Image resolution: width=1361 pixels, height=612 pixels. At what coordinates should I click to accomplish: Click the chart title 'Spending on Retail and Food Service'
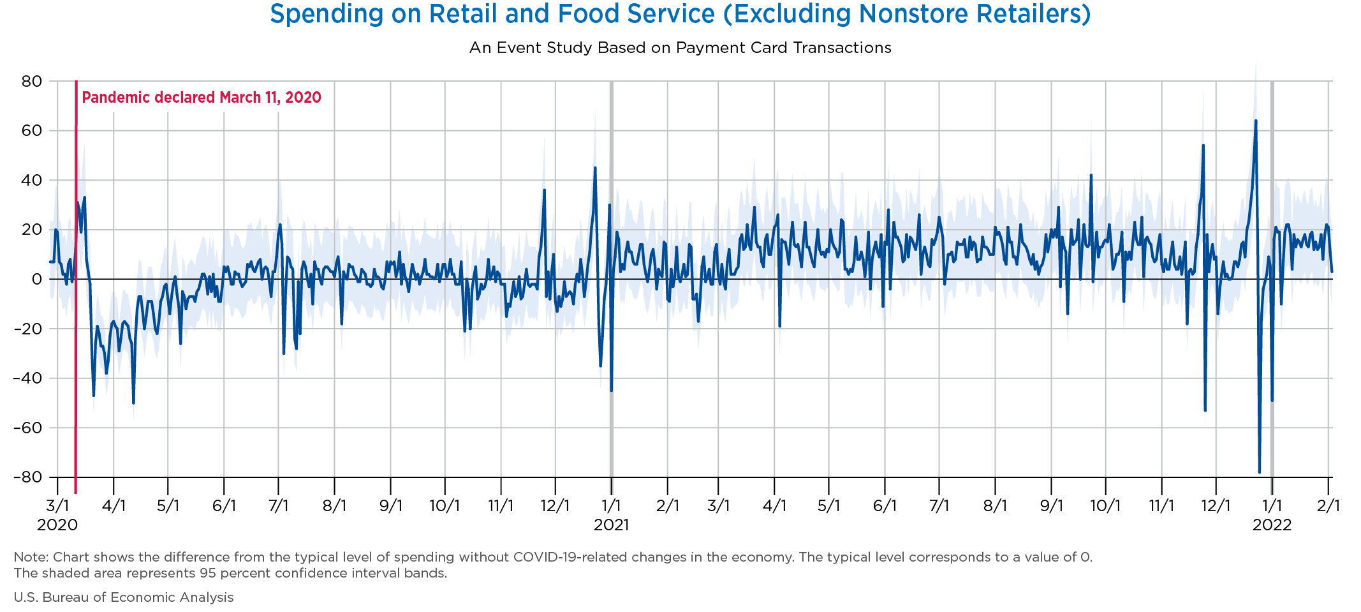[680, 14]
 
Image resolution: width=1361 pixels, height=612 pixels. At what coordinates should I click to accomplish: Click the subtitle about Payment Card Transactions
[680, 48]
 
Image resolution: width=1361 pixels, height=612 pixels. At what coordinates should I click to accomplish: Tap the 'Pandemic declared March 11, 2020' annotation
[202, 98]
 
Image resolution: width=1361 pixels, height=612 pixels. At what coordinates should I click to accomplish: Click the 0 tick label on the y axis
[37, 280]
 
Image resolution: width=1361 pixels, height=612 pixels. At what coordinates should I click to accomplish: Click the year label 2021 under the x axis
[611, 525]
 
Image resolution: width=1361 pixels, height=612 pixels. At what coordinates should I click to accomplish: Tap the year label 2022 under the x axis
[1272, 525]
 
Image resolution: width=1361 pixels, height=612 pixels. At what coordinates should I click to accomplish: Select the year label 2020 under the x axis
[57, 525]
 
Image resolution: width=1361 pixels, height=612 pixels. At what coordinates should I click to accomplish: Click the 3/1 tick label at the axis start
[57, 506]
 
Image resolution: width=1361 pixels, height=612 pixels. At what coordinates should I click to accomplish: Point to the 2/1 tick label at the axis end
[1328, 506]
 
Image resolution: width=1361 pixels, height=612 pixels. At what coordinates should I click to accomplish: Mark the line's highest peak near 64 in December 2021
[1256, 121]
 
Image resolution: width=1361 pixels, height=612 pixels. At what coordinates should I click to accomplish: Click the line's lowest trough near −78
[1259, 472]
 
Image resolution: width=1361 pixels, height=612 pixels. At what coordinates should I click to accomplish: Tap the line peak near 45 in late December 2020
[595, 168]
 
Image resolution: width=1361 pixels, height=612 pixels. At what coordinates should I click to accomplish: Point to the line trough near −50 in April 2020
[133, 403]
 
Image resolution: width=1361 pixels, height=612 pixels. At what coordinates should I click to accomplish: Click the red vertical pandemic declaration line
[76, 287]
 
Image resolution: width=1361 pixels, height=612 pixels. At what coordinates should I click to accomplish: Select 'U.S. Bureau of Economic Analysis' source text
[124, 597]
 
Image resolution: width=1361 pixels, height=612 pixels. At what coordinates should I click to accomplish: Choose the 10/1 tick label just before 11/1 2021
[1105, 506]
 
